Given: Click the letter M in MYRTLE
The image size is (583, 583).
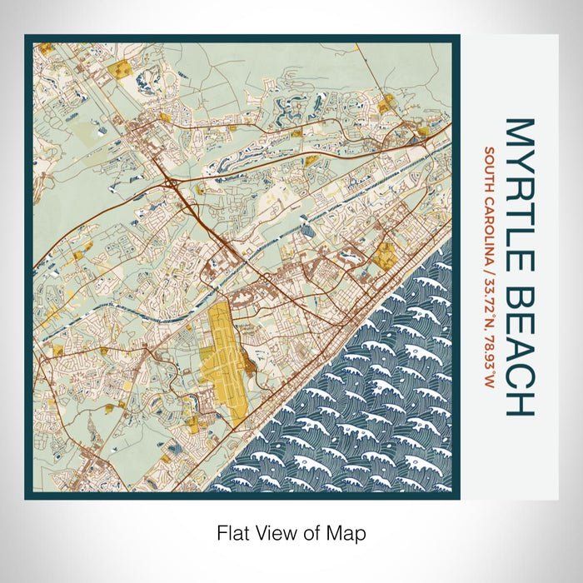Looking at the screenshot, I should click(x=517, y=132).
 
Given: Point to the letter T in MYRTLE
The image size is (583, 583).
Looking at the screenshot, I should click(x=517, y=205).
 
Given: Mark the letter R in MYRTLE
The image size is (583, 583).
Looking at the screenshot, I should click(x=517, y=182).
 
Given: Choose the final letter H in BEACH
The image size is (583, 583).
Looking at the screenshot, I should click(x=517, y=401).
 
